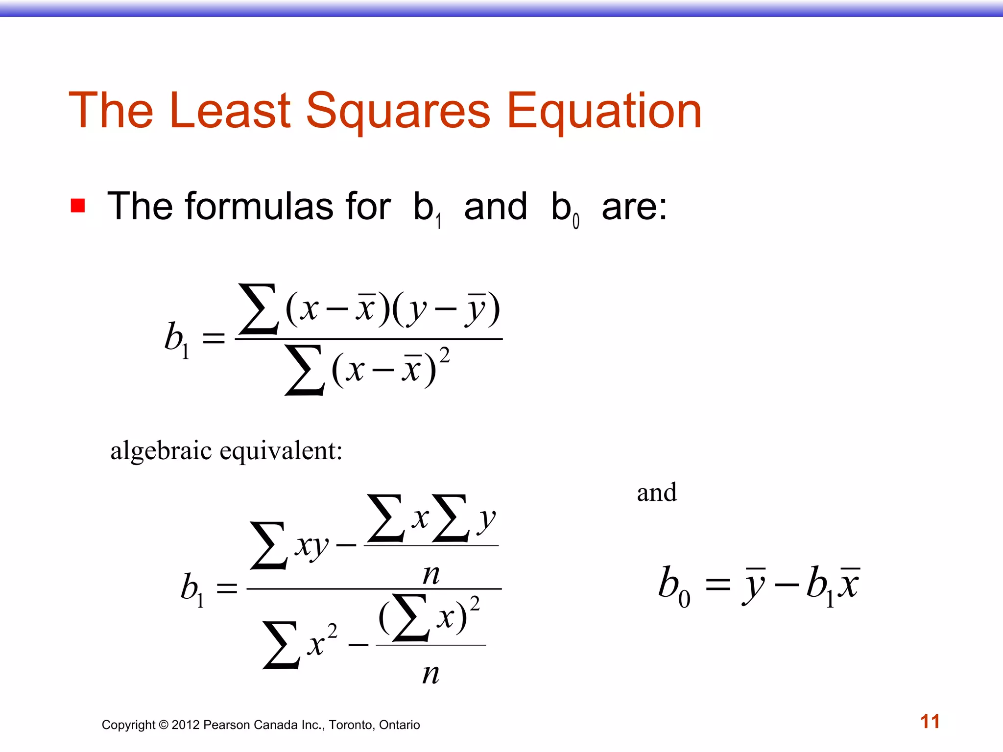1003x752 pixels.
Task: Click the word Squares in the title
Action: [x=398, y=112]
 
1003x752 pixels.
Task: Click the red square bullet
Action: [x=78, y=205]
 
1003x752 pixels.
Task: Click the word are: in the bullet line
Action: [x=634, y=207]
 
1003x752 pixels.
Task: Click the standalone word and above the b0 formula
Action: [x=657, y=492]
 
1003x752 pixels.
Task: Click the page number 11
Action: [x=930, y=722]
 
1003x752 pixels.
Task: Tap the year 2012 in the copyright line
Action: [x=186, y=725]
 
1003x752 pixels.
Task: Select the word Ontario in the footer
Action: [x=399, y=725]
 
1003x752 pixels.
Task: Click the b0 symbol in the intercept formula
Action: [x=673, y=586]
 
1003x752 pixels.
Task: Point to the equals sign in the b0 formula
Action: [x=717, y=585]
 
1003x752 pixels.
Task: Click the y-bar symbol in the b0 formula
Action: [x=754, y=585]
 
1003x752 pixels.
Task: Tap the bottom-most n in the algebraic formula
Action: [x=431, y=674]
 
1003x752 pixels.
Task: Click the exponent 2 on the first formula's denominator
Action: [x=444, y=355]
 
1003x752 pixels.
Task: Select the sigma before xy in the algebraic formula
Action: [x=268, y=545]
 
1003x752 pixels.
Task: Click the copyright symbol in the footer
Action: [x=164, y=725]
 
